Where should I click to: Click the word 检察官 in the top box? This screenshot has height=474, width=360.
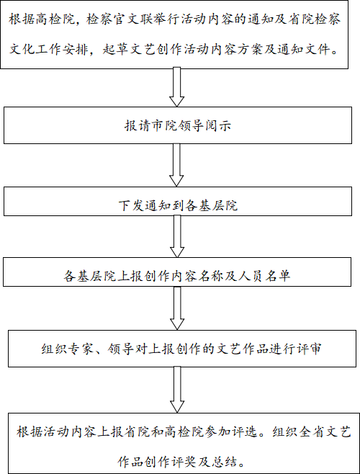(107, 20)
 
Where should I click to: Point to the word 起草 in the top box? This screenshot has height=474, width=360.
(115, 49)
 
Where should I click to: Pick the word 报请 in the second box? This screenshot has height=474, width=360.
(138, 126)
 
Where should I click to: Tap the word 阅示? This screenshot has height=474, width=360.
(219, 126)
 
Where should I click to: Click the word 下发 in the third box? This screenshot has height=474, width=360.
(131, 205)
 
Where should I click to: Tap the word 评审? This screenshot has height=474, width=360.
(308, 349)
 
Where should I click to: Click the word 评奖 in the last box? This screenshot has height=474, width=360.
(185, 462)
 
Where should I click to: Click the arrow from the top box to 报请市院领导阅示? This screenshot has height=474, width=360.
(176, 87)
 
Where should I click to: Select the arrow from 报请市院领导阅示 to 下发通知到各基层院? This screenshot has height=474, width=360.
(176, 165)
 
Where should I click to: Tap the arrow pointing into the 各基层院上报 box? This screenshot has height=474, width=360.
(177, 236)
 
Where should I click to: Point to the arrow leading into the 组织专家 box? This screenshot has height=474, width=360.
(177, 308)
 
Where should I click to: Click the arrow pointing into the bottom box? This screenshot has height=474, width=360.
(177, 390)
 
